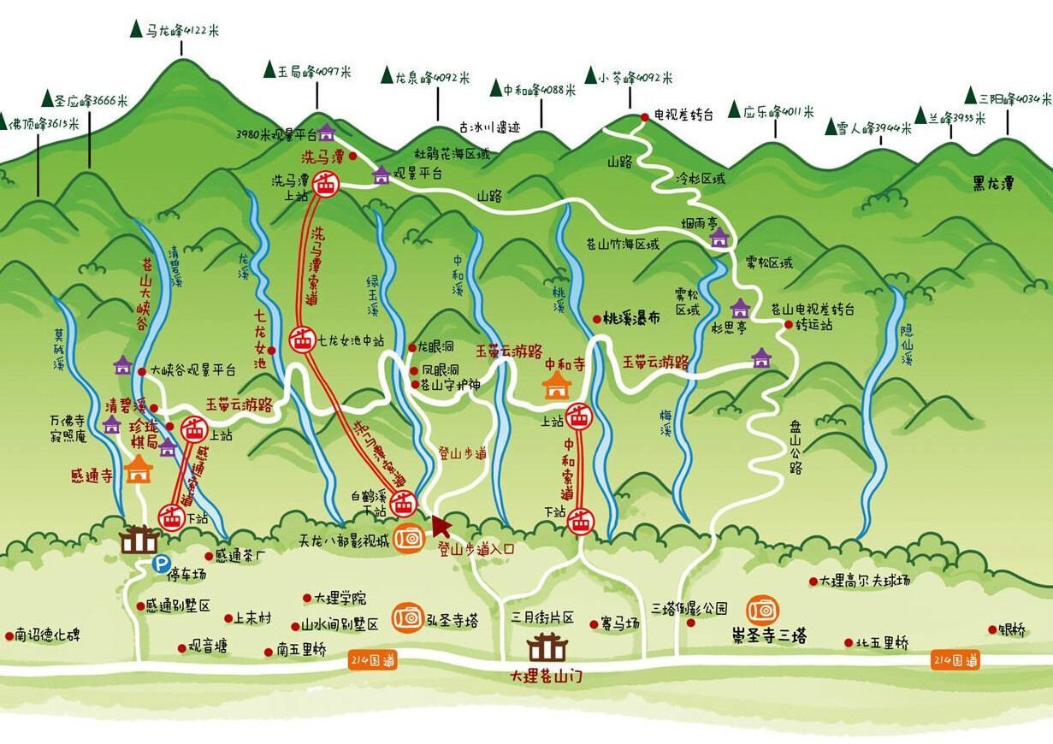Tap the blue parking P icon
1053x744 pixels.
click(x=160, y=564)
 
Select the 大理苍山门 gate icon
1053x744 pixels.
click(x=547, y=648)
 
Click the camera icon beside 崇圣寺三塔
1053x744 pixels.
click(x=762, y=610)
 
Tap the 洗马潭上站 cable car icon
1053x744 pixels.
click(x=325, y=183)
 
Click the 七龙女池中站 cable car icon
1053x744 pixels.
click(x=301, y=340)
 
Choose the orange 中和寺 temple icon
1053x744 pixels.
click(x=557, y=386)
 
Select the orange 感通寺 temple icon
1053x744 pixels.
click(x=138, y=469)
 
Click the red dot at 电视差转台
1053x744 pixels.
click(x=645, y=117)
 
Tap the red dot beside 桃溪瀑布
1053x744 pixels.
click(x=596, y=319)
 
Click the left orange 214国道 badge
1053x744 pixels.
click(x=373, y=660)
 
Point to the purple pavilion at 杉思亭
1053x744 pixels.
click(x=740, y=308)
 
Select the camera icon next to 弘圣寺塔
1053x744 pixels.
click(x=408, y=617)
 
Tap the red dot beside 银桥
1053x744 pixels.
click(x=991, y=629)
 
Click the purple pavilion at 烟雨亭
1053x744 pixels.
click(x=719, y=237)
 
